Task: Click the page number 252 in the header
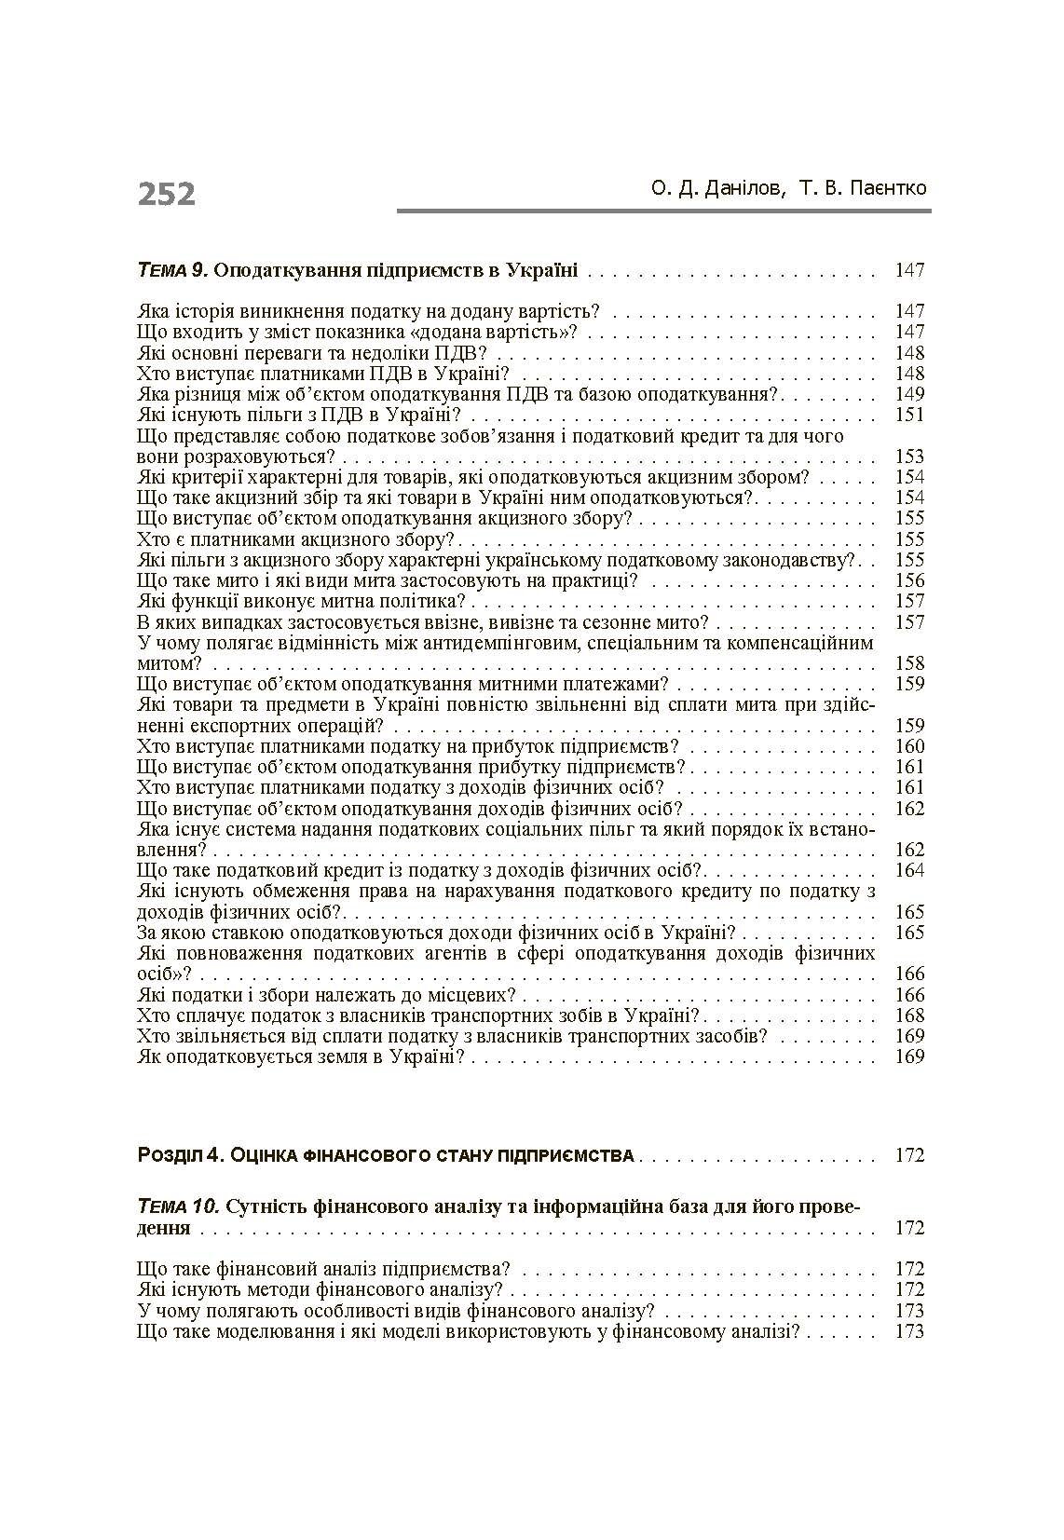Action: point(167,194)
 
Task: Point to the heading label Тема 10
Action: point(178,1206)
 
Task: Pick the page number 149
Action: point(908,394)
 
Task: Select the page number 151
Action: point(908,416)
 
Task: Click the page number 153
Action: point(908,457)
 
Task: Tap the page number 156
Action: point(908,580)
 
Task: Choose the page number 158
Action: point(908,663)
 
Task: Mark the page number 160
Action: point(908,746)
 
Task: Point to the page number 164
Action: point(908,870)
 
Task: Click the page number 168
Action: point(908,1015)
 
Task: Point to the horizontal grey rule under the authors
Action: point(663,211)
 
